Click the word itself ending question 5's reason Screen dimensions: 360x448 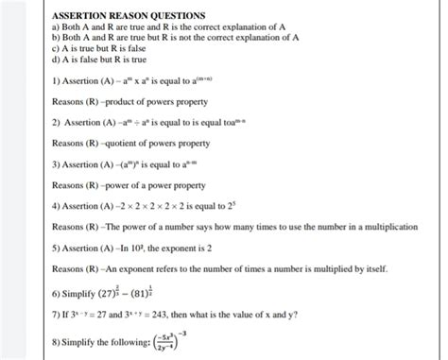[x=374, y=269]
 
